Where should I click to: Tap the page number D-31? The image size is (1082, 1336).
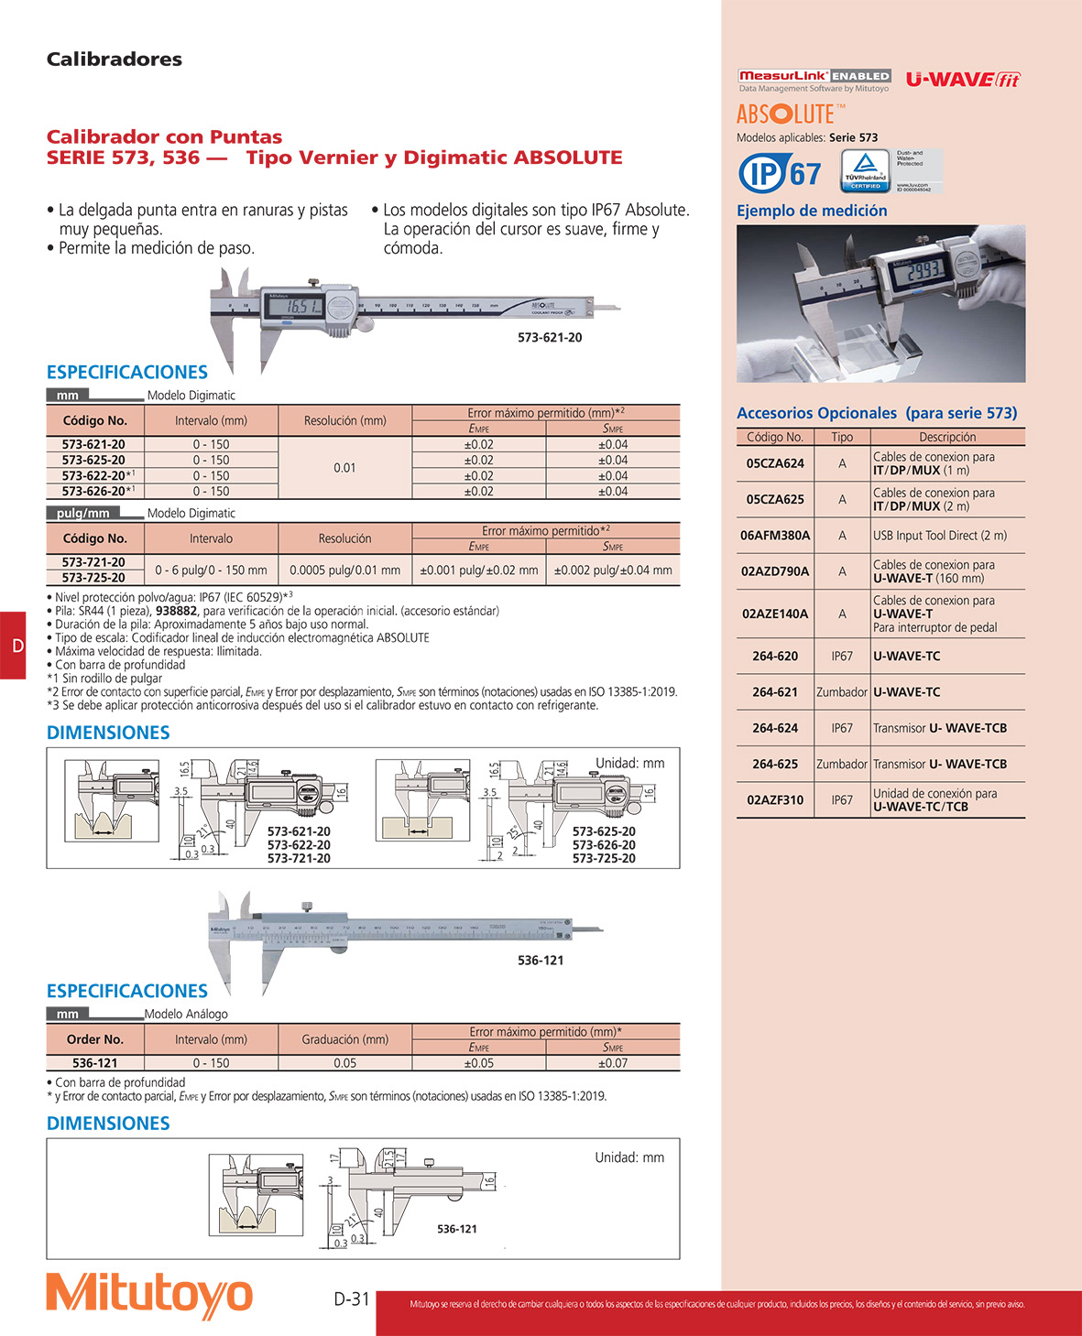pyautogui.click(x=352, y=1298)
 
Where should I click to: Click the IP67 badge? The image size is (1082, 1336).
pyautogui.click(x=781, y=173)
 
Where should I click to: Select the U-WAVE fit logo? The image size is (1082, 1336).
pyautogui.click(x=963, y=80)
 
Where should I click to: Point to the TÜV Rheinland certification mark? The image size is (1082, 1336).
pyautogui.click(x=866, y=170)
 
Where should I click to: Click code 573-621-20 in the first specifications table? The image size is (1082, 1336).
pyautogui.click(x=94, y=444)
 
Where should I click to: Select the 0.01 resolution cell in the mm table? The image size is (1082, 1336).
pyautogui.click(x=344, y=468)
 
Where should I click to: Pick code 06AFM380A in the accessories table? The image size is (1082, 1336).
pyautogui.click(x=775, y=536)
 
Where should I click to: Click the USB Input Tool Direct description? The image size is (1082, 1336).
pyautogui.click(x=940, y=536)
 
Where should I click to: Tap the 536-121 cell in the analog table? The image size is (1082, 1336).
pyautogui.click(x=95, y=1063)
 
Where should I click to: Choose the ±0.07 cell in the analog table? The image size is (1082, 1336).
pyautogui.click(x=613, y=1063)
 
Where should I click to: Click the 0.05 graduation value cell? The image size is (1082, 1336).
pyautogui.click(x=344, y=1063)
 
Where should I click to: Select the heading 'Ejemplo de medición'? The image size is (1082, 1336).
pyautogui.click(x=812, y=211)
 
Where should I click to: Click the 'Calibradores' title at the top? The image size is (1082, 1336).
pyautogui.click(x=115, y=60)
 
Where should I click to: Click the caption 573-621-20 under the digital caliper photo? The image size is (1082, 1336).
pyautogui.click(x=550, y=338)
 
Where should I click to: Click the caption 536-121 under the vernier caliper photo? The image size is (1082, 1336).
pyautogui.click(x=541, y=961)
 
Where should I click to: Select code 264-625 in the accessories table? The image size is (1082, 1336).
pyautogui.click(x=775, y=765)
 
